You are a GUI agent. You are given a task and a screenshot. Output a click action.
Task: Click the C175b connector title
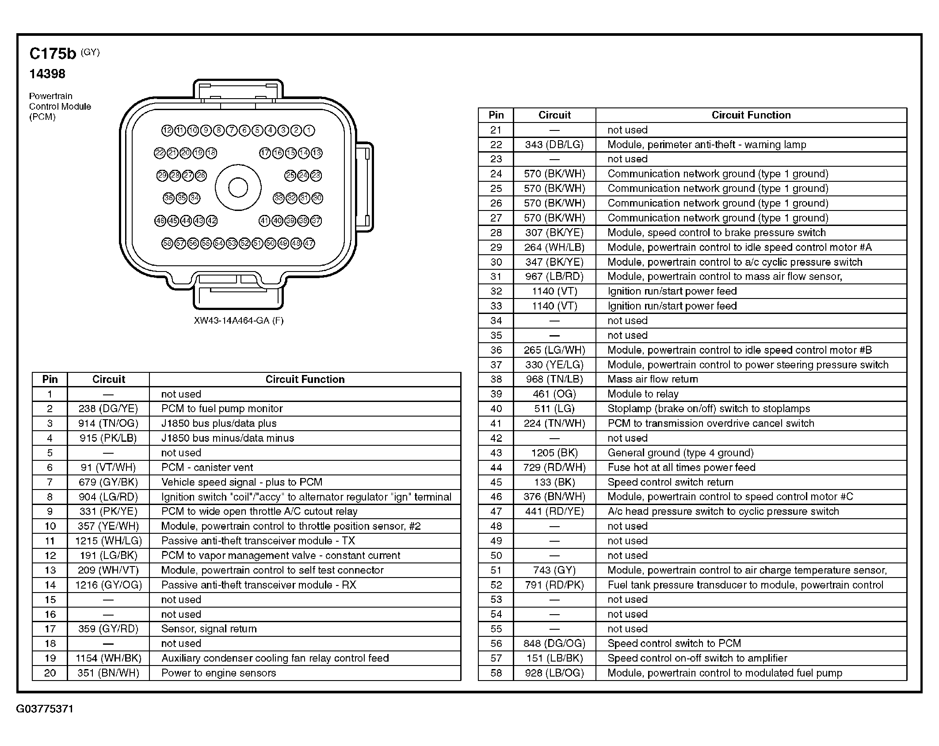click(x=53, y=54)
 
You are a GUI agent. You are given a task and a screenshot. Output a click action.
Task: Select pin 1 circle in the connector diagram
click(x=309, y=130)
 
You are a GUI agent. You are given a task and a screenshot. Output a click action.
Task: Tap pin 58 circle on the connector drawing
click(x=167, y=243)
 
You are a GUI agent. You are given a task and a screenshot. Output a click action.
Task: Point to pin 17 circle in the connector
click(x=265, y=153)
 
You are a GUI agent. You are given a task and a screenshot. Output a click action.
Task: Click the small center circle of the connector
click(x=238, y=187)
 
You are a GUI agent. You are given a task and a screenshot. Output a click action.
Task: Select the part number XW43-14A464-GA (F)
click(x=238, y=321)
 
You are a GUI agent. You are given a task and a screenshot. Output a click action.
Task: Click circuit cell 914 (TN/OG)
click(x=108, y=423)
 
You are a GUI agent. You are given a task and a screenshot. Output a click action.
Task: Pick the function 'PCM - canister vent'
click(x=207, y=467)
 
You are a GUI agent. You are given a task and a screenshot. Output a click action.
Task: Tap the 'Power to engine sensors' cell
click(x=218, y=673)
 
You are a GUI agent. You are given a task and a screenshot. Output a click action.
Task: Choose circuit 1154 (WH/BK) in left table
click(x=108, y=658)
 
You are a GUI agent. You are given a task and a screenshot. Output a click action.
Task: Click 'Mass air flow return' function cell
click(x=653, y=379)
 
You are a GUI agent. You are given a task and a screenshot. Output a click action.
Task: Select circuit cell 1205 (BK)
click(x=554, y=453)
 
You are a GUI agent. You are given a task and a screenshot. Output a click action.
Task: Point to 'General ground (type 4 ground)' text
click(x=680, y=453)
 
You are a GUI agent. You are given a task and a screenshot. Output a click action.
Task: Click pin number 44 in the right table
click(x=496, y=467)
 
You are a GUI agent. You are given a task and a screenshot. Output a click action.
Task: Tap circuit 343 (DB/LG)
click(x=554, y=145)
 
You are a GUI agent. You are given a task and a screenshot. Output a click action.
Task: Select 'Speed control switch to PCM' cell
click(x=674, y=643)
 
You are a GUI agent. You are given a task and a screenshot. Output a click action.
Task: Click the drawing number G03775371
click(x=45, y=709)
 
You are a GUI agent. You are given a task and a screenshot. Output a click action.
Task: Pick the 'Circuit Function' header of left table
click(x=305, y=379)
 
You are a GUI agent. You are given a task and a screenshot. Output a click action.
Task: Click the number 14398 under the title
click(x=47, y=74)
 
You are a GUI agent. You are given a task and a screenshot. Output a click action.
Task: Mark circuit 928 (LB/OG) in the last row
click(x=554, y=673)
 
